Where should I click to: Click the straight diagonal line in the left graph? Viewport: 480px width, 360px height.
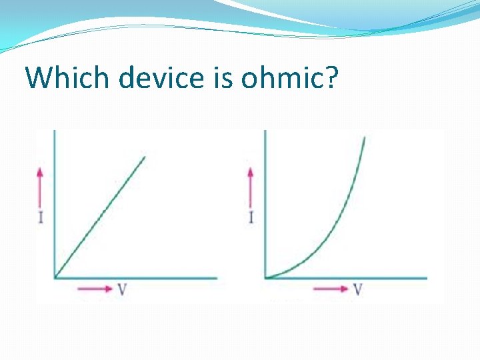pyautogui.click(x=100, y=217)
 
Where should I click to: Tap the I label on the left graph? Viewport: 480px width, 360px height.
pyautogui.click(x=41, y=217)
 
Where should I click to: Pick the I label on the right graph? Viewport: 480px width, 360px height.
pyautogui.click(x=251, y=217)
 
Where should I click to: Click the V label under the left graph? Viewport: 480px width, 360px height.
pyautogui.click(x=122, y=289)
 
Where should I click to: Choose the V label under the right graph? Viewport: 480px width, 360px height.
pyautogui.click(x=358, y=289)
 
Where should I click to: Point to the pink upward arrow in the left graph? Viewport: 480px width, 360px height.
pyautogui.click(x=40, y=187)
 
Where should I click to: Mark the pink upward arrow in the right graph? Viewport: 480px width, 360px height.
pyautogui.click(x=251, y=187)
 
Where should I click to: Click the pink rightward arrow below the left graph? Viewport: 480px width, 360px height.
pyautogui.click(x=95, y=289)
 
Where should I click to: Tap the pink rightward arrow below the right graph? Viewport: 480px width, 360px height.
pyautogui.click(x=331, y=289)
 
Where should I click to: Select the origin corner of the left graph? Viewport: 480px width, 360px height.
pyautogui.click(x=54, y=277)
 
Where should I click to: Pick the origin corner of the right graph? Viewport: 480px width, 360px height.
pyautogui.click(x=265, y=277)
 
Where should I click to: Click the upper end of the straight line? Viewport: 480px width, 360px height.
pyautogui.click(x=145, y=157)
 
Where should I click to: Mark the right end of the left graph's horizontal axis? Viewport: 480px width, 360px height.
pyautogui.click(x=216, y=277)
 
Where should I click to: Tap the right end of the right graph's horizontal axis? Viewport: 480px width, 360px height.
pyautogui.click(x=426, y=277)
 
